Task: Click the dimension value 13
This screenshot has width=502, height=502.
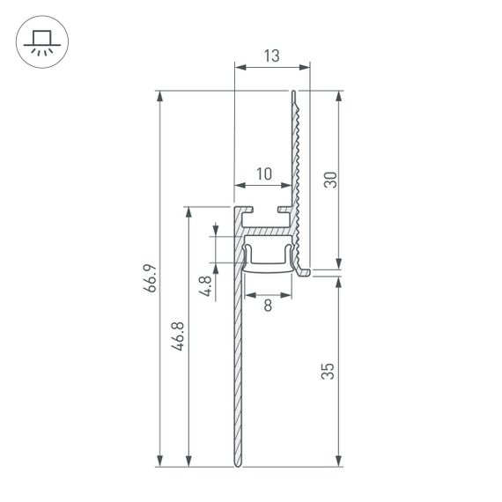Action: coord(271,56)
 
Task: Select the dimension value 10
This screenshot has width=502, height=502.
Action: coord(263,174)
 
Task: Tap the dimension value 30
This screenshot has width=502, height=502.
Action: coord(329,180)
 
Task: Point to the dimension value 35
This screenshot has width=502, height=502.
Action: coord(329,370)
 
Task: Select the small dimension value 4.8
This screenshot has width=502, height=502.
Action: coord(205,287)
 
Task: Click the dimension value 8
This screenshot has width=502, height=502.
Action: coord(267,306)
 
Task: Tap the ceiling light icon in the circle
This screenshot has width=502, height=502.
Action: coord(40,41)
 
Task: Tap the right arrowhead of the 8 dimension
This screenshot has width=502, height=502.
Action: coord(288,294)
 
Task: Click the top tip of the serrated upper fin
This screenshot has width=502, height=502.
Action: coord(296,91)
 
